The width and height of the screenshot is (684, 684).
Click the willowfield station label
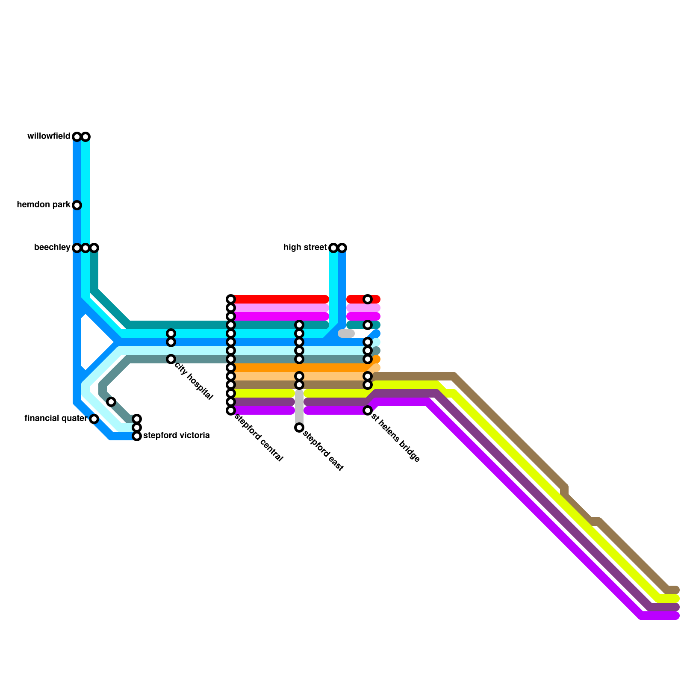point(49,136)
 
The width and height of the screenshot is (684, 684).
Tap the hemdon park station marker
point(77,205)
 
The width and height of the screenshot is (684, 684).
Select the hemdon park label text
point(44,205)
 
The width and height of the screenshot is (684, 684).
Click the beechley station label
point(52,248)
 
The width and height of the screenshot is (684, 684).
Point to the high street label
point(305,248)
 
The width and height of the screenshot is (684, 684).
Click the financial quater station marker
point(94,419)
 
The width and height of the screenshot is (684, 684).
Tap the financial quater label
point(56,419)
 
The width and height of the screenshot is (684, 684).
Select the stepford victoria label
point(177,436)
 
